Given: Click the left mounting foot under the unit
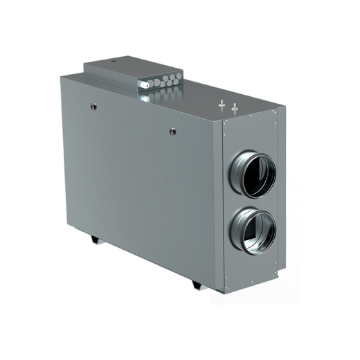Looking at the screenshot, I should [x=94, y=240].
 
